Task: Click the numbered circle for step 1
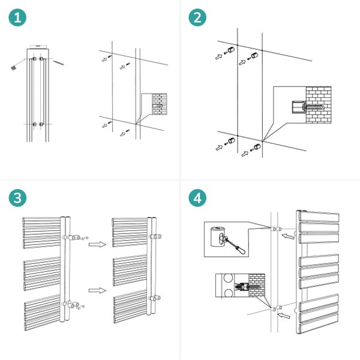click(x=19, y=19)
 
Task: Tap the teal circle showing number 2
click(x=199, y=19)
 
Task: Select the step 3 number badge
click(x=19, y=199)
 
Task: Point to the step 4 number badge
click(x=199, y=199)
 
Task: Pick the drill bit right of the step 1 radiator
click(x=58, y=62)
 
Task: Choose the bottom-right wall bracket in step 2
click(x=257, y=147)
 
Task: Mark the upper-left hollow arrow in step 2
click(x=218, y=57)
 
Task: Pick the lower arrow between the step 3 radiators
click(x=94, y=290)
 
